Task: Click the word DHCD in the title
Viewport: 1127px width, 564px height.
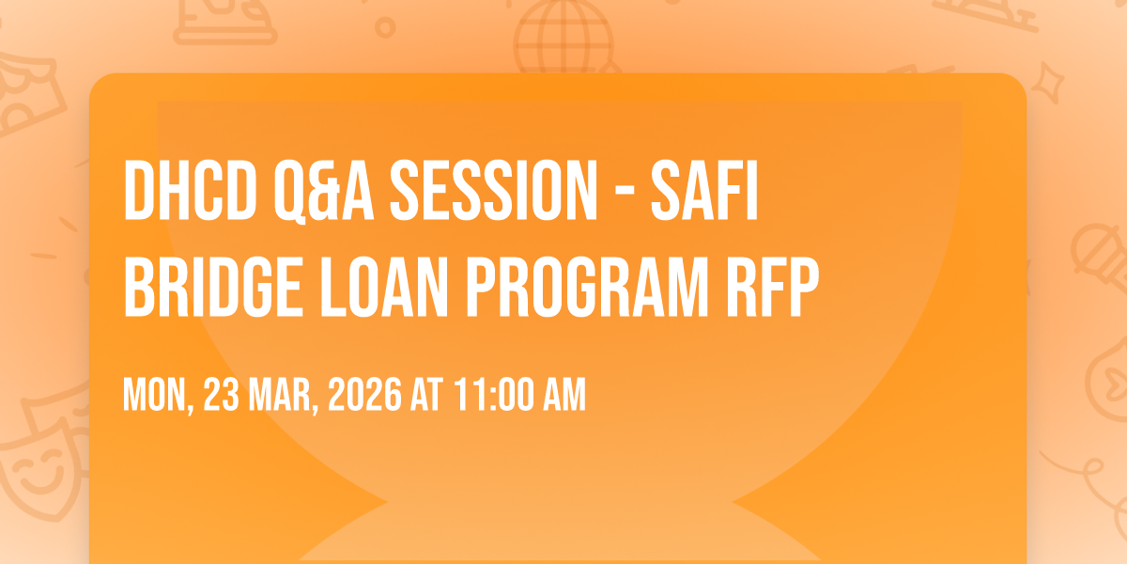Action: click(x=190, y=190)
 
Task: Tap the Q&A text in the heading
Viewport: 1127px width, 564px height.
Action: click(x=324, y=192)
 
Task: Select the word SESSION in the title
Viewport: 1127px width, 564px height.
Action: click(x=494, y=190)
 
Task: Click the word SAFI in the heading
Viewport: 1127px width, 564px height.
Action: click(x=704, y=190)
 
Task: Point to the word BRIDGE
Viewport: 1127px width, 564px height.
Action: click(x=213, y=287)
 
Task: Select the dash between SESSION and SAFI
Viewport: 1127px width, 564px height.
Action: click(x=625, y=195)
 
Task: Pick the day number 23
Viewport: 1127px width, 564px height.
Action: click(x=222, y=394)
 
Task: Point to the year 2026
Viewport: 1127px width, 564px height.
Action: click(x=364, y=394)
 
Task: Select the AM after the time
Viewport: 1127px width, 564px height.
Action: click(x=565, y=394)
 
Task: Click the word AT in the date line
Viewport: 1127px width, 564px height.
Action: click(x=427, y=394)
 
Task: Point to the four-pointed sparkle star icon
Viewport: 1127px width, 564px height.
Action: click(x=1047, y=84)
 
